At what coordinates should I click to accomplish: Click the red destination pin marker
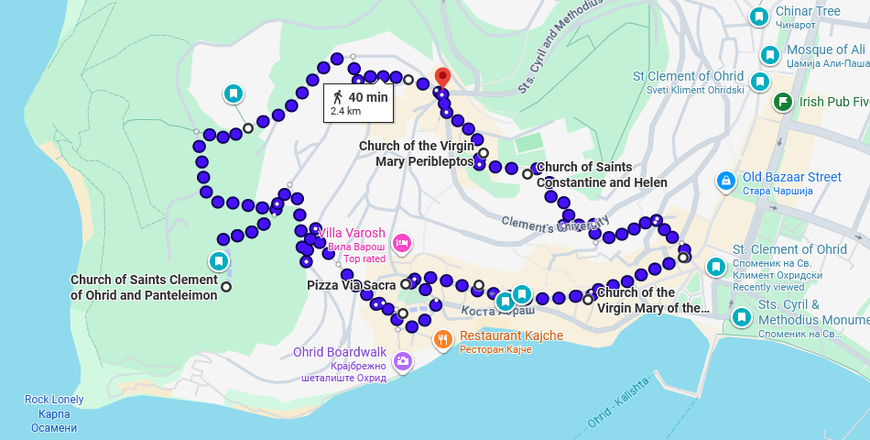click(x=442, y=77)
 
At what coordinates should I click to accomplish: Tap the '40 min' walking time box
click(x=359, y=103)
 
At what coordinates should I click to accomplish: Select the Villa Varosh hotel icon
click(x=401, y=243)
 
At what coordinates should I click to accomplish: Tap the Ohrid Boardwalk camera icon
click(x=402, y=362)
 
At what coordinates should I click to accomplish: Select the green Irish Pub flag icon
click(x=783, y=102)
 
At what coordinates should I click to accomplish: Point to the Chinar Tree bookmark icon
click(x=758, y=16)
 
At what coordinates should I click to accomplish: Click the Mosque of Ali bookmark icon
click(x=769, y=56)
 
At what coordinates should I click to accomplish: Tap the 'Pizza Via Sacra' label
click(x=351, y=285)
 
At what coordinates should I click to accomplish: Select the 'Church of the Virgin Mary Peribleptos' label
click(x=417, y=153)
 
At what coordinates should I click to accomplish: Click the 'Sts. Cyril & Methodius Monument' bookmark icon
click(x=742, y=318)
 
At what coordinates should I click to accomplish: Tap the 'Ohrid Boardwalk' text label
click(x=340, y=352)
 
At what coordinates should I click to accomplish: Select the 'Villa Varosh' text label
click(x=352, y=234)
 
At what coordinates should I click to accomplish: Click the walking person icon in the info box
click(x=338, y=96)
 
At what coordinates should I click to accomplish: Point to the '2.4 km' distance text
click(x=345, y=111)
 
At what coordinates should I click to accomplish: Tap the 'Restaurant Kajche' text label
click(x=511, y=336)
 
